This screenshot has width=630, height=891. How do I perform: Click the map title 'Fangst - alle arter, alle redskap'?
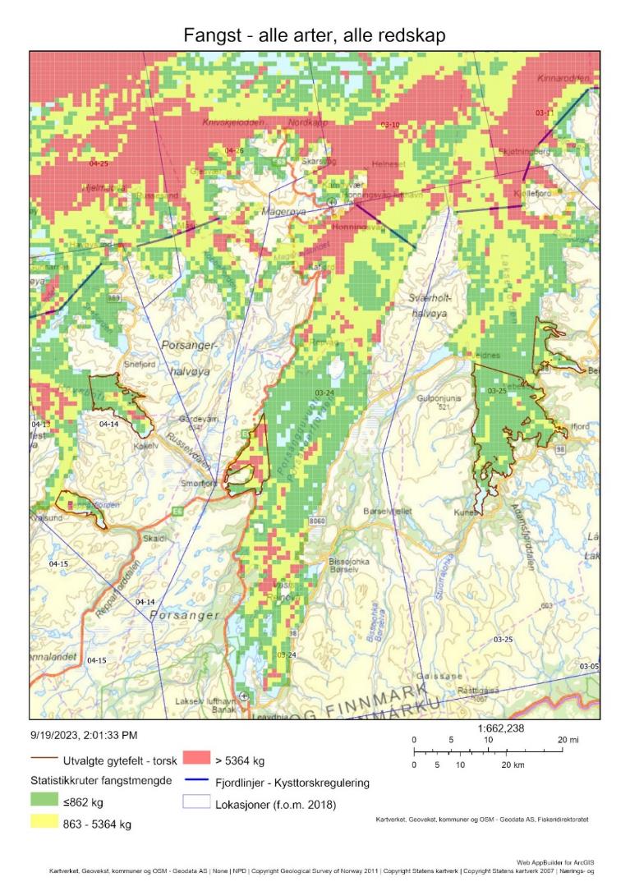click(x=315, y=34)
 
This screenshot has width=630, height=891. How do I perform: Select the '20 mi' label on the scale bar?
click(x=568, y=740)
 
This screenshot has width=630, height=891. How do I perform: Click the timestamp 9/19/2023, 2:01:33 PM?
click(x=84, y=735)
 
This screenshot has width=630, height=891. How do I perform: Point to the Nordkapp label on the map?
click(x=308, y=122)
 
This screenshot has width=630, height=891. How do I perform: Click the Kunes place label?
click(x=467, y=512)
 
